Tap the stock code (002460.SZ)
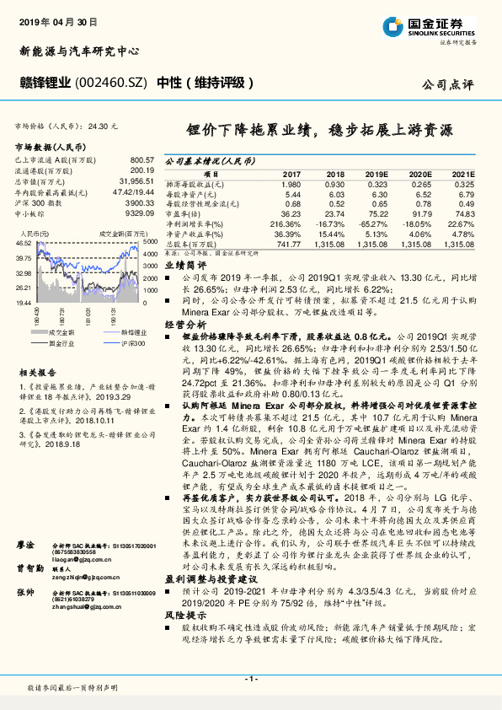111,83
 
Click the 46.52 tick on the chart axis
23,243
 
